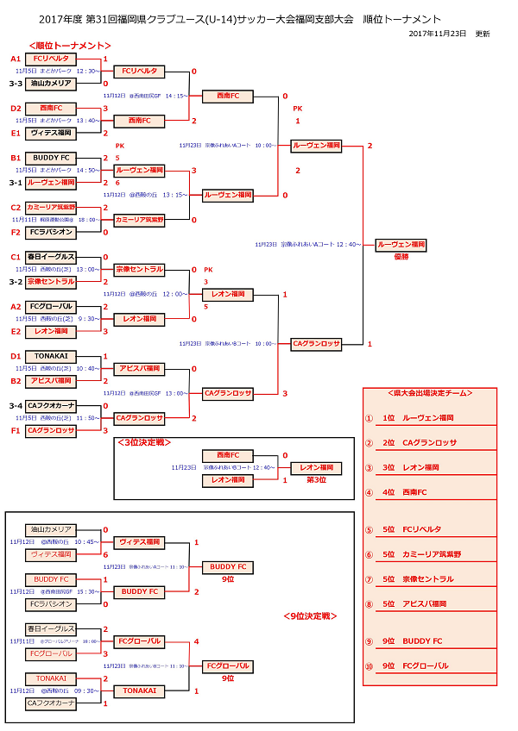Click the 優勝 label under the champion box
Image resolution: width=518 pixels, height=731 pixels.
(x=401, y=256)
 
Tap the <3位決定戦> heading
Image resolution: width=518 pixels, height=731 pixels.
(x=144, y=442)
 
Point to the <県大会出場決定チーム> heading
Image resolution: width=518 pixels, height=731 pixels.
(x=429, y=392)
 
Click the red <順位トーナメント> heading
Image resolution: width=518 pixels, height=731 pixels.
(x=69, y=45)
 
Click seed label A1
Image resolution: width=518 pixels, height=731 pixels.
(x=15, y=59)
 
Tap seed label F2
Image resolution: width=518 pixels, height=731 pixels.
(x=15, y=232)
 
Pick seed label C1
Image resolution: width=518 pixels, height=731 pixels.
(x=15, y=257)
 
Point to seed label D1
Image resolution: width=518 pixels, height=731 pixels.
(x=15, y=356)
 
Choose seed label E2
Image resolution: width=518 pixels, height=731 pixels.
(x=15, y=331)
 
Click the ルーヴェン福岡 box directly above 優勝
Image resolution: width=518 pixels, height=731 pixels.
(x=401, y=245)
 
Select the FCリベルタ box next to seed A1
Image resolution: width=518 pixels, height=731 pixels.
(x=50, y=59)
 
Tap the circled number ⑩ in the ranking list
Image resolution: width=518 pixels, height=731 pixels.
(x=369, y=666)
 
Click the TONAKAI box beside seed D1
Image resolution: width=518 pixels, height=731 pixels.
(x=50, y=356)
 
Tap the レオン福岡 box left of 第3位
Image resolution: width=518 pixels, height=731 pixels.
(x=227, y=480)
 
